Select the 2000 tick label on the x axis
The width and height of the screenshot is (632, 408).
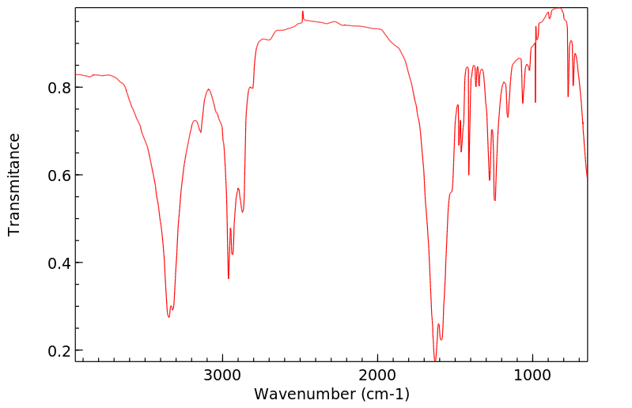377,374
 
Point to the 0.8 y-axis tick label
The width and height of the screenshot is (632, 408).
58,87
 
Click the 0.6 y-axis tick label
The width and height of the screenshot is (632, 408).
58,175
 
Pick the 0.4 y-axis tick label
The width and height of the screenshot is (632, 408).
58,263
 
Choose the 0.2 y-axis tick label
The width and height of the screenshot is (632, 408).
58,350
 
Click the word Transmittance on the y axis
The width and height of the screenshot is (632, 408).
14,184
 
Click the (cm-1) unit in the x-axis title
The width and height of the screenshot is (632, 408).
382,393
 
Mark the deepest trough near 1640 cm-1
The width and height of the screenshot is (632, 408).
434,360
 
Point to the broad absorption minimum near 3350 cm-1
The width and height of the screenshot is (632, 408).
168,317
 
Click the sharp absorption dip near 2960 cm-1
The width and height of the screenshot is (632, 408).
229,278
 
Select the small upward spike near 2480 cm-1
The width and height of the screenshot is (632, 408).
303,12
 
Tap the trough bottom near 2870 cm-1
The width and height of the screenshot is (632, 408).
243,212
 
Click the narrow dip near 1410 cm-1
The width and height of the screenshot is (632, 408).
469,175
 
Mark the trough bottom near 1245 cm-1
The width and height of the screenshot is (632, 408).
494,201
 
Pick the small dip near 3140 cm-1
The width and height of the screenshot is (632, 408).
201,132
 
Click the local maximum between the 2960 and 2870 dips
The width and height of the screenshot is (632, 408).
238,188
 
